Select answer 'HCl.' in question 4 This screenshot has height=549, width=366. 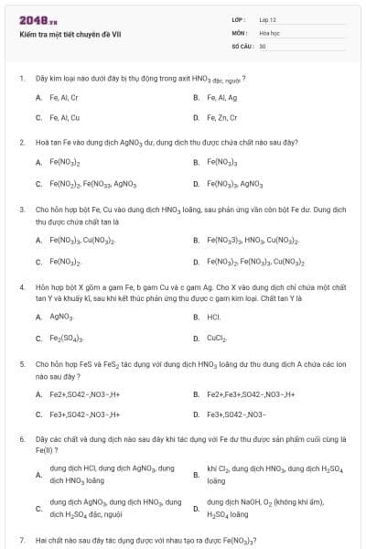pos(214,318)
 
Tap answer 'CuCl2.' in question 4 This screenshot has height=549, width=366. pos(217,339)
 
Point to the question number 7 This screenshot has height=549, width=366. pos(21,540)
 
